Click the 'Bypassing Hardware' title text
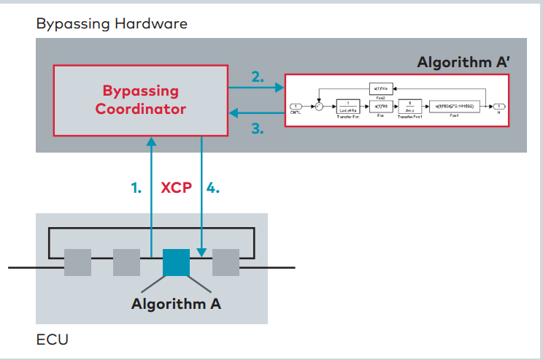[112, 23]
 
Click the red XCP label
[176, 188]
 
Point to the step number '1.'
[136, 188]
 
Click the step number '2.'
[257, 76]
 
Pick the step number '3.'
[257, 129]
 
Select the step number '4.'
[212, 188]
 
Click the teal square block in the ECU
[176, 262]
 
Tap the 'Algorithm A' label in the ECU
[176, 303]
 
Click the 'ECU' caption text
[52, 340]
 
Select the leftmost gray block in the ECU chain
[77, 262]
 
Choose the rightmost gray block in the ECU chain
[226, 262]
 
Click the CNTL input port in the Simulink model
[297, 107]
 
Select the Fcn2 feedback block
[382, 87]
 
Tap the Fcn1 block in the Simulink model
[454, 107]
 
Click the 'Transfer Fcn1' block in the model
[410, 107]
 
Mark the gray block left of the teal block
[126, 262]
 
